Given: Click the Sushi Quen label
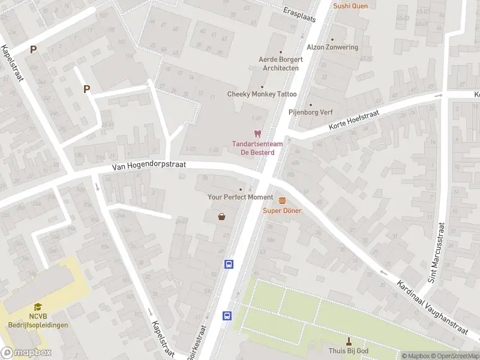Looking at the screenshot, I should (x=350, y=6).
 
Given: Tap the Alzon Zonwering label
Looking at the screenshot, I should (x=332, y=47).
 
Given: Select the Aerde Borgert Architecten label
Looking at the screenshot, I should (x=280, y=64).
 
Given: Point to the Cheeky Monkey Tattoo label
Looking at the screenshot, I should (x=262, y=94).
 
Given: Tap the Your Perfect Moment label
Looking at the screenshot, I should (x=240, y=197).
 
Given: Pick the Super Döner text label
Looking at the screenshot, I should (x=282, y=211).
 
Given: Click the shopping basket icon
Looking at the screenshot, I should (x=222, y=217).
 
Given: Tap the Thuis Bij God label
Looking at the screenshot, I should (x=349, y=351).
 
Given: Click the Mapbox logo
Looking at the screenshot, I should (x=26, y=353).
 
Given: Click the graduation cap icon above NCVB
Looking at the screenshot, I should (x=38, y=306).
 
